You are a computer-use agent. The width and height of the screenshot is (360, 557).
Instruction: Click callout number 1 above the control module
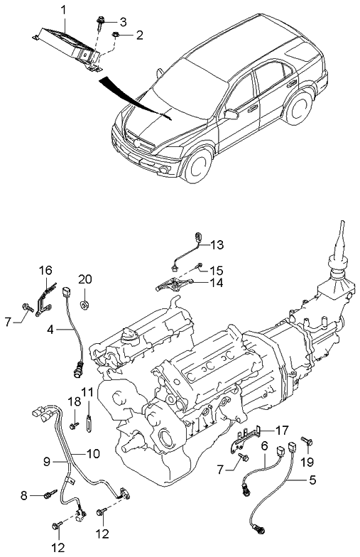coord(63,10)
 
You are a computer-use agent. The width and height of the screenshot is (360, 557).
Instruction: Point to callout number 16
coord(45,271)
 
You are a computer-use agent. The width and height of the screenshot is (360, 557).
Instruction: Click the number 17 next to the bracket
coord(282,430)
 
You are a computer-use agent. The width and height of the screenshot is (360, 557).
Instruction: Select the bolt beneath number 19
coord(306,443)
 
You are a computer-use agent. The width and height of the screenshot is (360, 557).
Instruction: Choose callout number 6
coord(264,445)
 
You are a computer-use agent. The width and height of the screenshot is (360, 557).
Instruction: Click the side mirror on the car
coord(230,114)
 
